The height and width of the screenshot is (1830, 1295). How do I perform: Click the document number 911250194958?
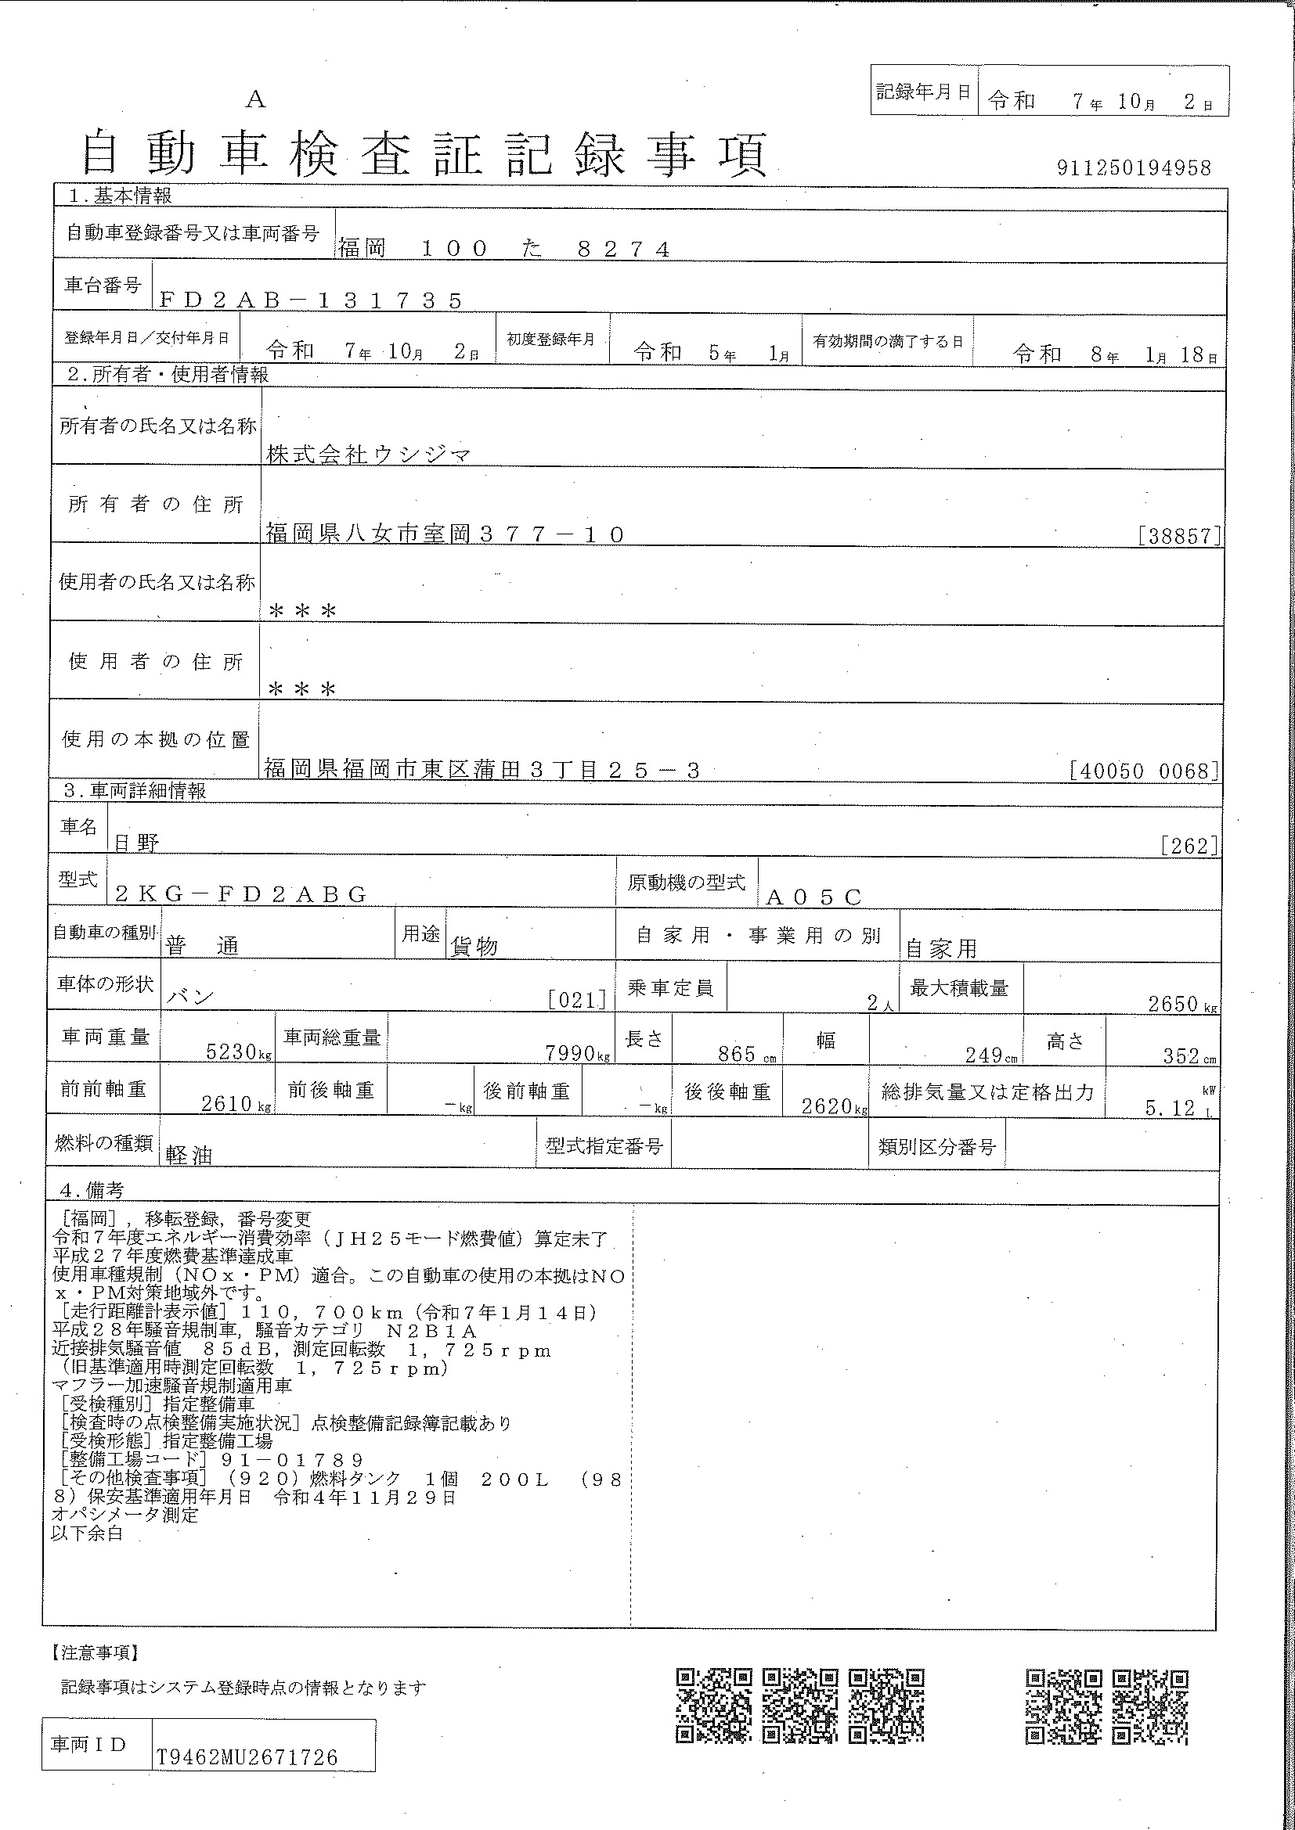(x=1133, y=168)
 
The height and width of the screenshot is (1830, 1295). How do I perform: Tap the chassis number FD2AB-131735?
(x=311, y=300)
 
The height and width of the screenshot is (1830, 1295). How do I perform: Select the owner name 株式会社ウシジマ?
(x=369, y=455)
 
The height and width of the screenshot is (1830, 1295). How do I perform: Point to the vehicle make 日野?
(x=136, y=843)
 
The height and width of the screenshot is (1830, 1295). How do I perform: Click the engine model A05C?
(x=813, y=897)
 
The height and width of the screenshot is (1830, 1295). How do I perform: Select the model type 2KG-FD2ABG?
(x=241, y=894)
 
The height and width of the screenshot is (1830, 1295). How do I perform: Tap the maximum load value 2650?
(x=1173, y=1005)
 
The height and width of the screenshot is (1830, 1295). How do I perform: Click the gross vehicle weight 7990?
(x=569, y=1053)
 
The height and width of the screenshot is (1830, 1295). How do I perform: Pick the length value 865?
(x=736, y=1054)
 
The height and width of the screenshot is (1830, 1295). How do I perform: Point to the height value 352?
(x=1181, y=1056)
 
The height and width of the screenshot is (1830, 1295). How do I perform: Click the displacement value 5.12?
(x=1170, y=1108)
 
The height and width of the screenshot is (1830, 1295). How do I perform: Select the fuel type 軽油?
(x=189, y=1155)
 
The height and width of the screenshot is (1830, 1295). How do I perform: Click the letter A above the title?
(x=255, y=99)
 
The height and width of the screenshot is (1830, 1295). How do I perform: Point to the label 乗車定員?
(x=670, y=989)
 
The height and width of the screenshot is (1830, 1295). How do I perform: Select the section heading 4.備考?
(x=92, y=1190)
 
